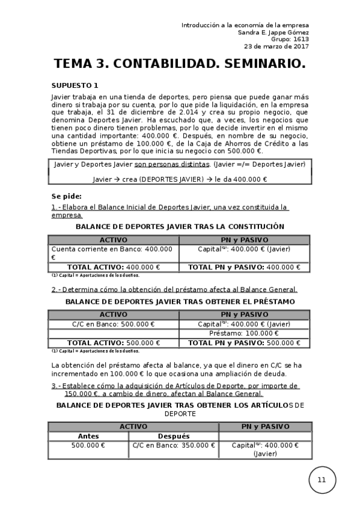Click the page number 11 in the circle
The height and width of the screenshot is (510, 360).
click(322, 479)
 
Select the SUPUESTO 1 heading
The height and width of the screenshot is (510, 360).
click(75, 85)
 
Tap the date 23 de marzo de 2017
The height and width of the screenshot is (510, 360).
click(276, 46)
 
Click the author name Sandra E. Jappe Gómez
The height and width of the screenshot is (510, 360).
click(273, 32)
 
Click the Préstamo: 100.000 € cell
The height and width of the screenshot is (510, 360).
click(244, 333)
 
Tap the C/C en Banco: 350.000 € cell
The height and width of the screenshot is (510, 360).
click(172, 445)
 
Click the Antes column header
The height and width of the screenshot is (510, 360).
click(88, 436)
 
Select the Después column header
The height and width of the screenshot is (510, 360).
click(173, 436)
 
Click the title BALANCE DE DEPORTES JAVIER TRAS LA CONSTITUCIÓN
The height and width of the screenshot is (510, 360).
click(180, 227)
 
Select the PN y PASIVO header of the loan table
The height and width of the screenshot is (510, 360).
click(244, 314)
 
